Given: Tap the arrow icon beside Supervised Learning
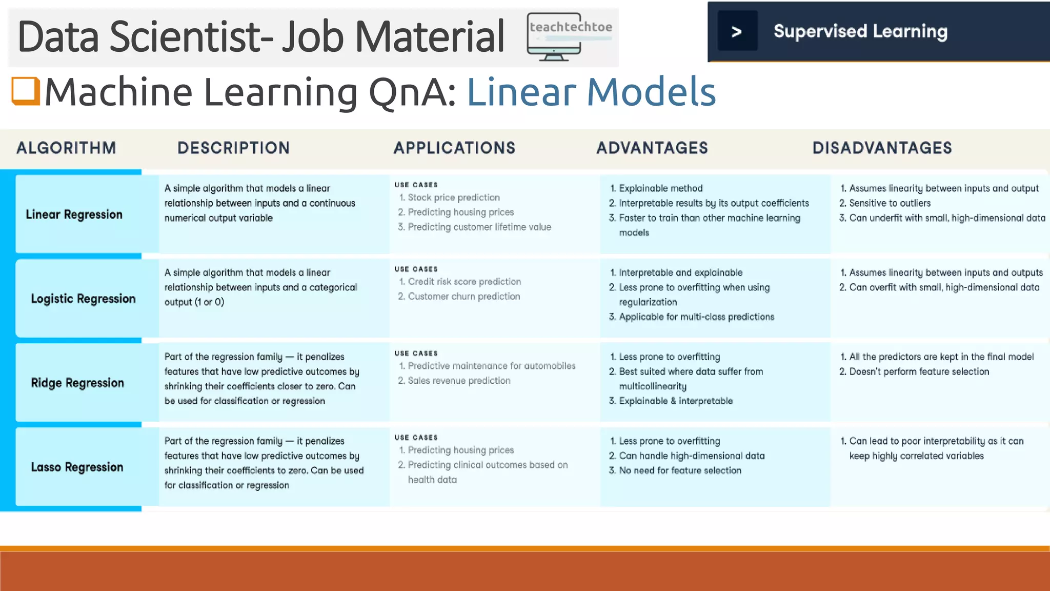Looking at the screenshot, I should coord(737,32).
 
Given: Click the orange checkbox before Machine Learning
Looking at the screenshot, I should coord(26,91).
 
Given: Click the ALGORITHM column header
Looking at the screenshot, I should coord(66,148).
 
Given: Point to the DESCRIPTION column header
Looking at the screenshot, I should coord(233,148).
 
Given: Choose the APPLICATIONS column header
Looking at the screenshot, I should coord(454,148).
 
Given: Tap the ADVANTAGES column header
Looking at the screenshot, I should coord(652,148).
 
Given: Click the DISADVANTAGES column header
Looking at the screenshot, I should coord(882,148).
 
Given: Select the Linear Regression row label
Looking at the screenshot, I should coord(74,214).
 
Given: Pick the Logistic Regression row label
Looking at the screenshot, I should coord(83,299).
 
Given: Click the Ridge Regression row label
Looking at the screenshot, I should coord(77,383).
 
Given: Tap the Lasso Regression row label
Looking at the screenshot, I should coord(77,467).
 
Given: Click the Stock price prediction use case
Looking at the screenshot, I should coord(453,198).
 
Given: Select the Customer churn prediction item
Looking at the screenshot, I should coord(463,297).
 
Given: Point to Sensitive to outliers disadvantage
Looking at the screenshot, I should coord(889,203).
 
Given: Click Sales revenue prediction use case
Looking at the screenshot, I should coord(459,381).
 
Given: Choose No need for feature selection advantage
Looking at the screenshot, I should coord(679,470).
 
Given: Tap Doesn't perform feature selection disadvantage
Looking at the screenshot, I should coord(919,371).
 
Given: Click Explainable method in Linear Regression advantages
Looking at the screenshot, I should coord(660,188).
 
